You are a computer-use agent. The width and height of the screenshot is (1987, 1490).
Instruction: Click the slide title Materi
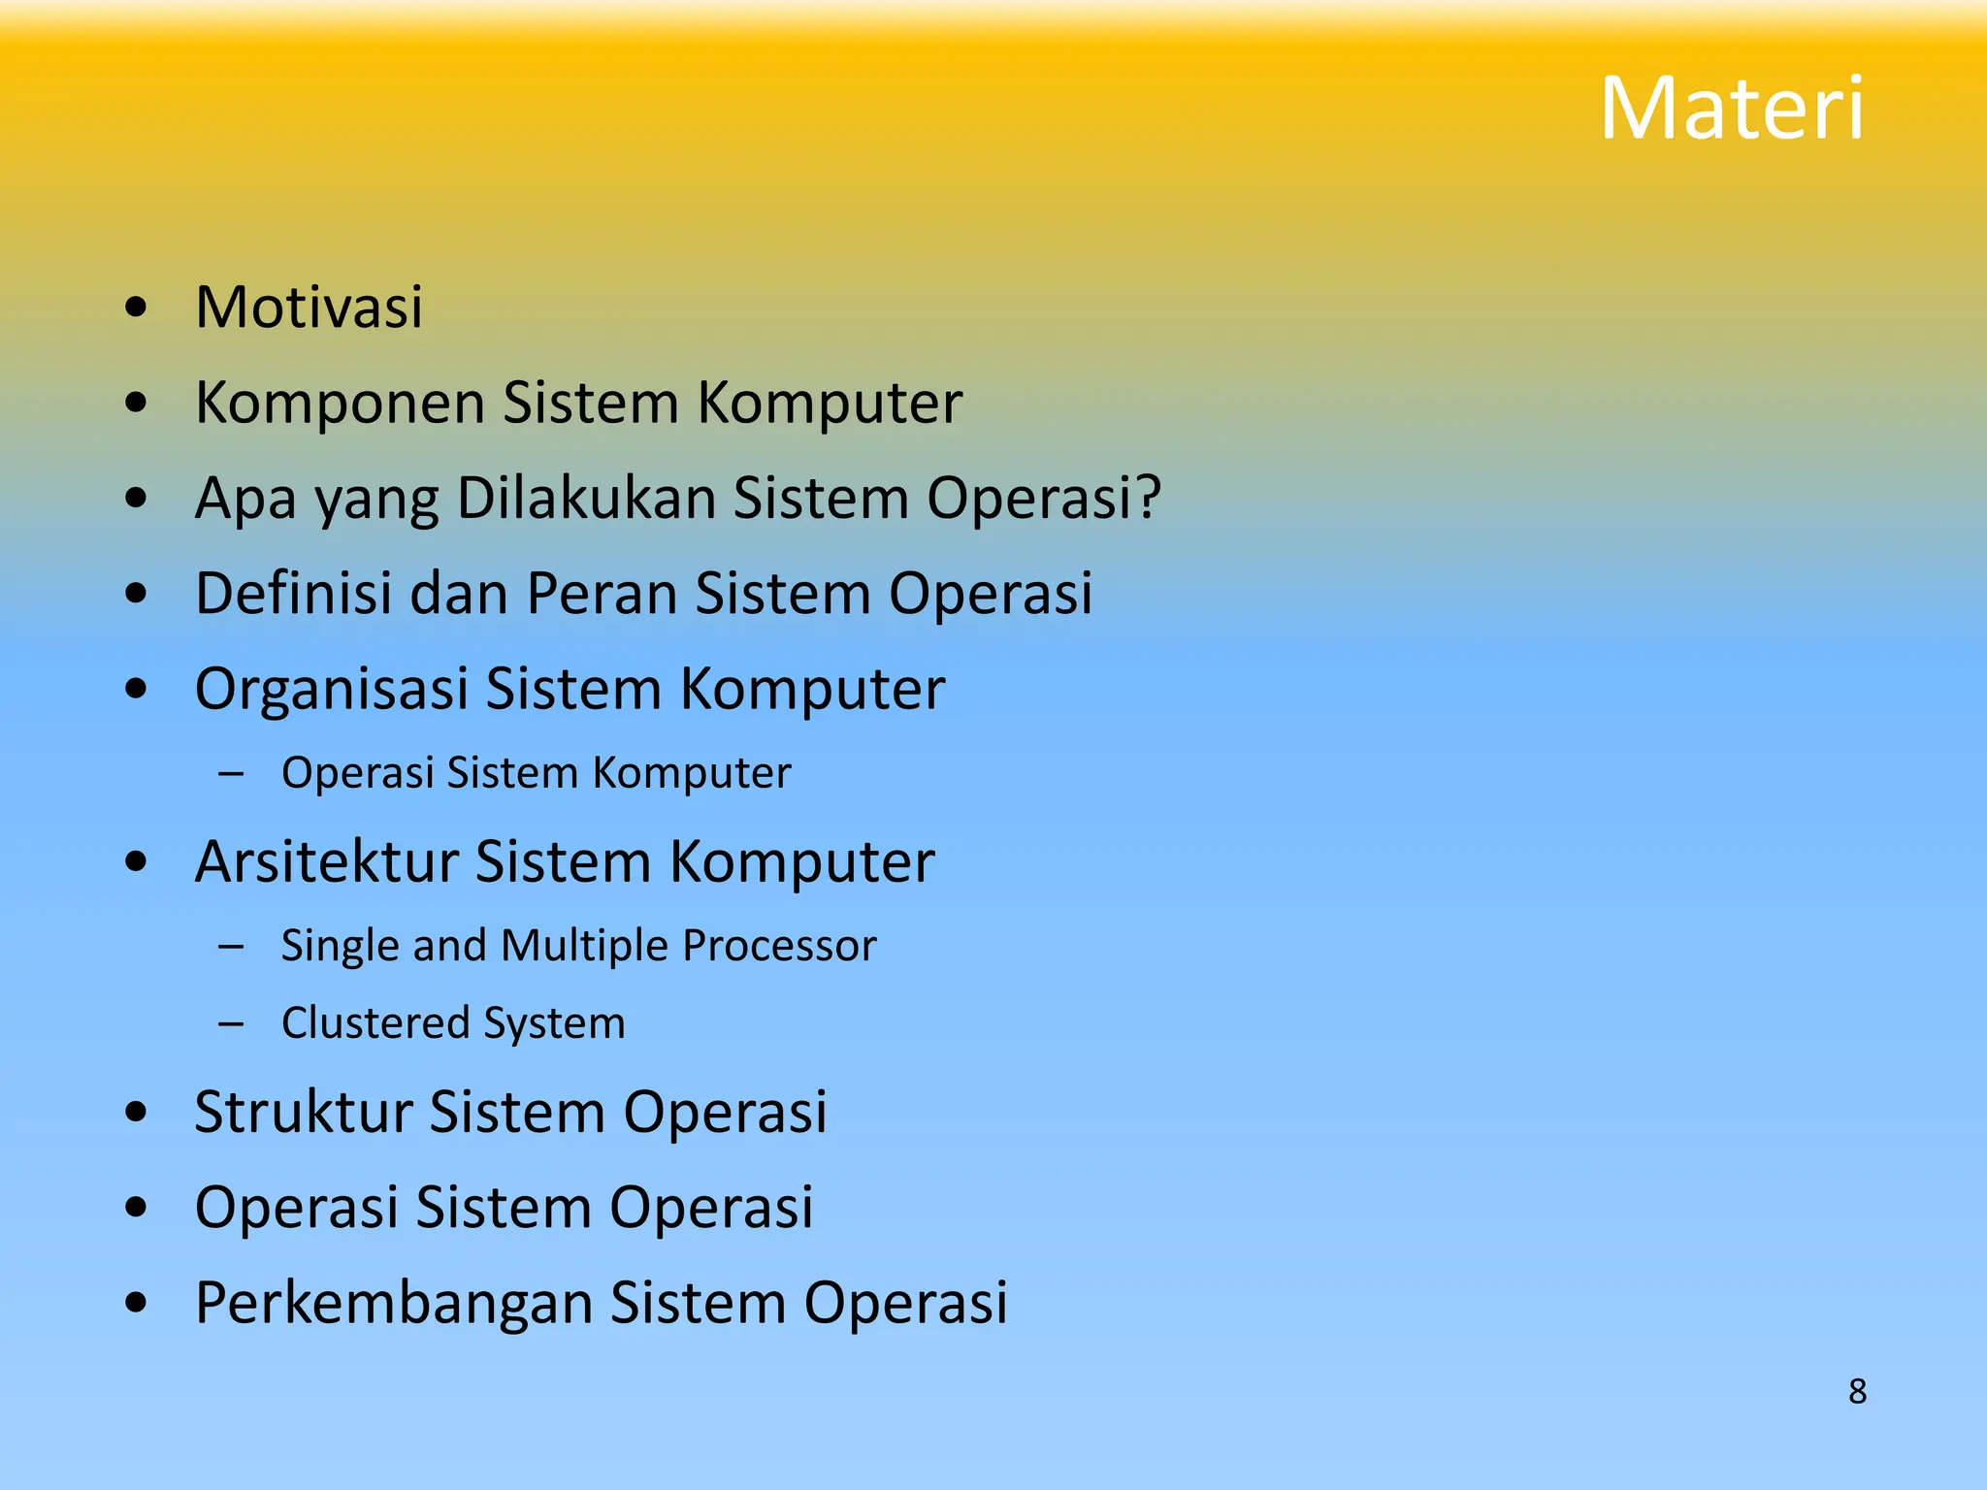1732,109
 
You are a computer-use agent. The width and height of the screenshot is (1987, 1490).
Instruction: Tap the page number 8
1857,1391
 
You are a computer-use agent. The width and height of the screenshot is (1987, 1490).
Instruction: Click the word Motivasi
309,308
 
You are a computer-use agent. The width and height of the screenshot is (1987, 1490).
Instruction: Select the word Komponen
340,403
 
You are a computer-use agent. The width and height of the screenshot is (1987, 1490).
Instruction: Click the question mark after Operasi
1149,498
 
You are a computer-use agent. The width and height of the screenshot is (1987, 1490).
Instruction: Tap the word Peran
602,593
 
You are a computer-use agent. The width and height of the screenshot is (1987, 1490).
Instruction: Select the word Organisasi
331,689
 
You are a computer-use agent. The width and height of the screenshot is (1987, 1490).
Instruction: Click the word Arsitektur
326,861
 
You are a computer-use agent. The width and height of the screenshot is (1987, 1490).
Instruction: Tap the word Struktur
303,1112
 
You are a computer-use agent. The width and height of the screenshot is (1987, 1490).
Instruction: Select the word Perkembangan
393,1303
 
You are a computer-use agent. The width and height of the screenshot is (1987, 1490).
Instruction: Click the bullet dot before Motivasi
137,308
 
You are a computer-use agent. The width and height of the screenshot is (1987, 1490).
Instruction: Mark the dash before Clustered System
231,1023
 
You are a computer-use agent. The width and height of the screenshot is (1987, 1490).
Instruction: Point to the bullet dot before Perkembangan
137,1304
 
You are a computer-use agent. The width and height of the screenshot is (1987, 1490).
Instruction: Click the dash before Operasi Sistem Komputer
231,774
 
